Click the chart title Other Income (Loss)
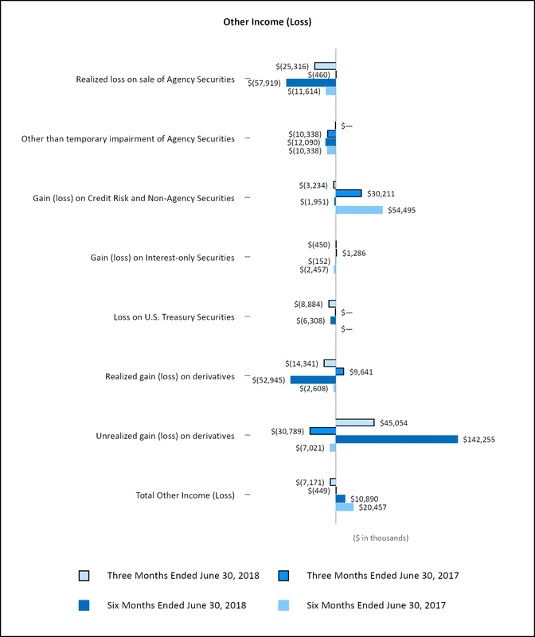pos(267,22)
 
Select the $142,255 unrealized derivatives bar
pos(396,439)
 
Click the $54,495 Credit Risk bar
pos(359,210)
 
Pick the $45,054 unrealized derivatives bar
pos(355,422)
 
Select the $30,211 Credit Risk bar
pos(349,193)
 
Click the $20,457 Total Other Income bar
pos(345,507)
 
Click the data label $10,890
pos(365,499)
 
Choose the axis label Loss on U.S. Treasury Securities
pos(174,317)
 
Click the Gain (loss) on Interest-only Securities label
pos(163,258)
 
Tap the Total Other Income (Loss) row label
pos(185,495)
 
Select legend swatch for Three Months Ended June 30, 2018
pos(84,575)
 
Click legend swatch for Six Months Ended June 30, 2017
pos(283,605)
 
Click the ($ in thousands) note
pos(381,538)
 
